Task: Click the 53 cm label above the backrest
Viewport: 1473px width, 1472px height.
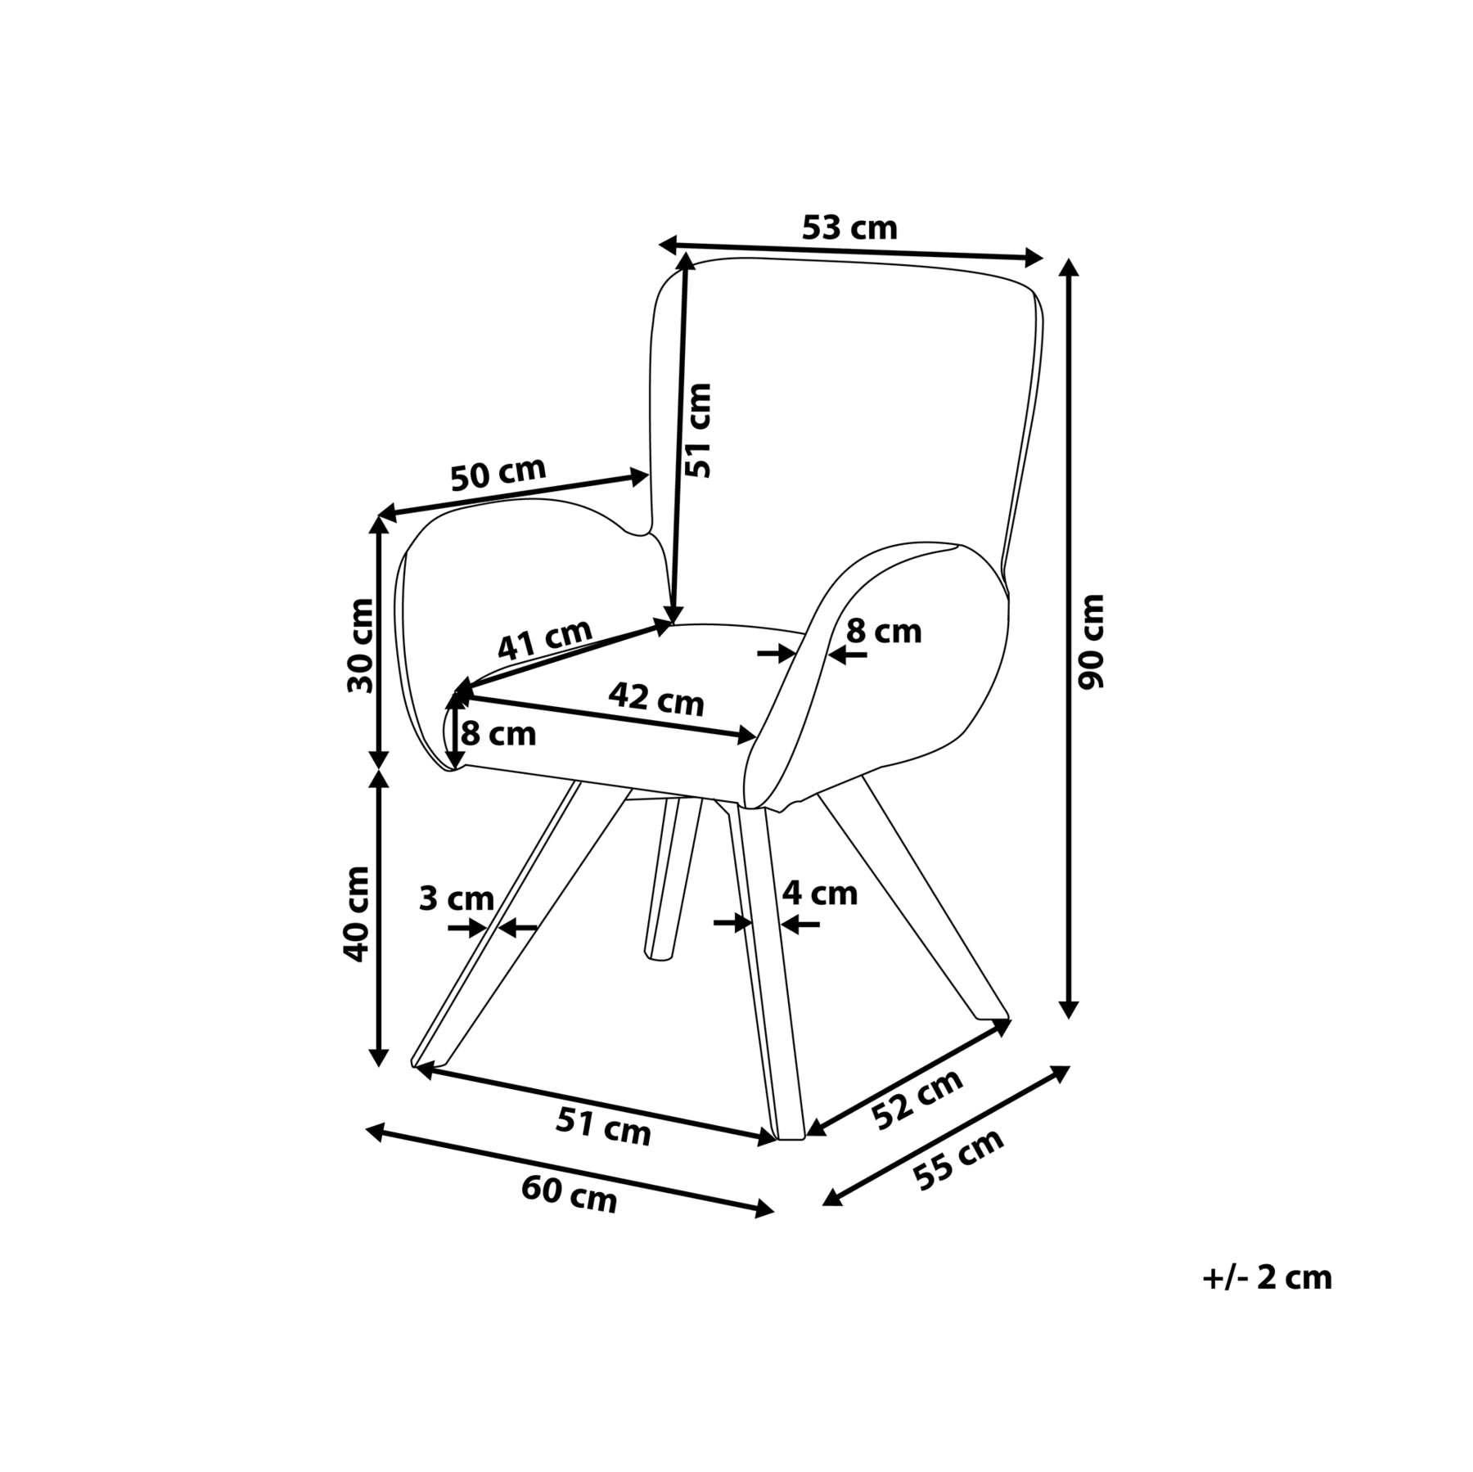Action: coord(849,227)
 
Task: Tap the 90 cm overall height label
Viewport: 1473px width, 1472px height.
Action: coord(1091,642)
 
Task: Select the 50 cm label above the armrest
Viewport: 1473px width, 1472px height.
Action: coord(498,474)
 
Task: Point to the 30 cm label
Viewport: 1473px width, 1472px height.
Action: coord(360,646)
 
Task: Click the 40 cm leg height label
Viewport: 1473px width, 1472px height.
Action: coord(357,914)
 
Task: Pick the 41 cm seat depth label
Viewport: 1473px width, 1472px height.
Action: coord(544,638)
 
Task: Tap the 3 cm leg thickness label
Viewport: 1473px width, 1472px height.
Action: coord(456,898)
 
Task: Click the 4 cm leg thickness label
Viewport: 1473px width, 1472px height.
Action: coord(820,893)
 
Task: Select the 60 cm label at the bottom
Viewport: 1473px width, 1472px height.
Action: coord(569,1194)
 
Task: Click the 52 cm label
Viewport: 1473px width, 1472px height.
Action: coord(917,1100)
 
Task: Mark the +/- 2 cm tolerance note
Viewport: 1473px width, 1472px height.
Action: coord(1267,1277)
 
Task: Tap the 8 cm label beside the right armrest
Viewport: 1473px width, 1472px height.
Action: coord(884,632)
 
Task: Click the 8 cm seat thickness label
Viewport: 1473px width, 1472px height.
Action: coord(498,734)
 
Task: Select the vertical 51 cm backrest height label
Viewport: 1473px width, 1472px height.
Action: coord(698,430)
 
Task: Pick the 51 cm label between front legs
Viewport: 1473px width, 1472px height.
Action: coord(603,1125)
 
